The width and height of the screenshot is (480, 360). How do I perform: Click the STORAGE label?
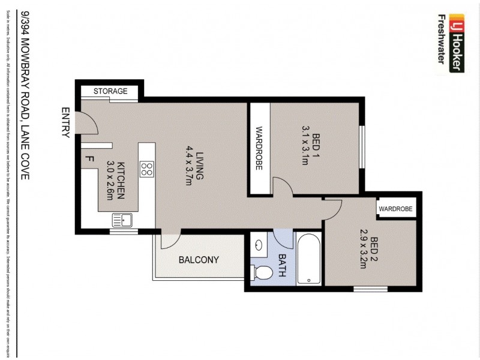pyautogui.click(x=110, y=91)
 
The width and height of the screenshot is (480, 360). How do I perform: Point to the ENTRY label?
pyautogui.click(x=65, y=123)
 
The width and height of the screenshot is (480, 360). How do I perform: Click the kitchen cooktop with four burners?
pyautogui.click(x=146, y=169)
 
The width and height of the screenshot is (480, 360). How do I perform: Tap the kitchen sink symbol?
pyautogui.click(x=123, y=220)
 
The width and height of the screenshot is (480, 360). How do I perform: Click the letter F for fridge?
pyautogui.click(x=89, y=159)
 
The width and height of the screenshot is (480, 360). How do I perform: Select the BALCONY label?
pyautogui.click(x=199, y=260)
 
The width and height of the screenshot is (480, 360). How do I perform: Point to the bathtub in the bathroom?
pyautogui.click(x=308, y=259)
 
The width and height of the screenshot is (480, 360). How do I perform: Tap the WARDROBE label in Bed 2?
pyautogui.click(x=396, y=209)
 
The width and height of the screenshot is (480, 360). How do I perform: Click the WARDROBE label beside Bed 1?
pyautogui.click(x=259, y=149)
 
